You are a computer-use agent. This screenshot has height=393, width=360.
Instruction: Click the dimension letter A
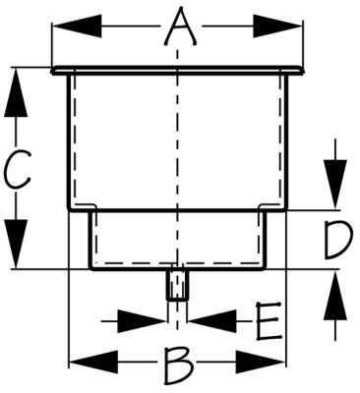pos(177,27)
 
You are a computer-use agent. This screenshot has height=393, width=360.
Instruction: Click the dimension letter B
pos(177,366)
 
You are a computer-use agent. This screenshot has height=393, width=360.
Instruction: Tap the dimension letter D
pos(337,239)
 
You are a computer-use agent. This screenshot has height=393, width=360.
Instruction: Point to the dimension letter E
pos(268,319)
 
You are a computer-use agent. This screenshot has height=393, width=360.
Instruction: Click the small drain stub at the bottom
pos(177,286)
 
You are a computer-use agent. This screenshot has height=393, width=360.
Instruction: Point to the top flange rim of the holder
pos(177,70)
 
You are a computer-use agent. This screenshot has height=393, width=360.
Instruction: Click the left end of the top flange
pos(53,70)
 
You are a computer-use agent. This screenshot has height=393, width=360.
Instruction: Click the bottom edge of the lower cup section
pos(177,269)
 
